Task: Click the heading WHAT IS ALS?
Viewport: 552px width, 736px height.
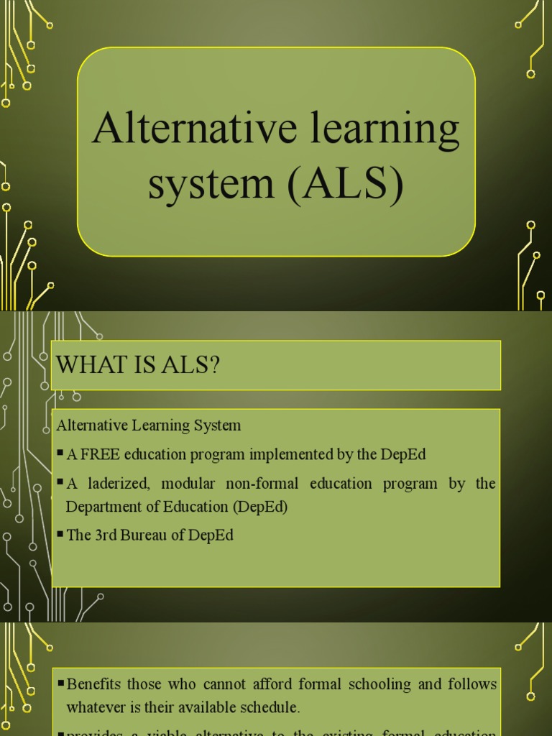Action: coord(138,365)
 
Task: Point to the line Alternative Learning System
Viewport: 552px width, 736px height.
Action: coord(149,425)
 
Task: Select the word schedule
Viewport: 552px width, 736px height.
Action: coord(267,707)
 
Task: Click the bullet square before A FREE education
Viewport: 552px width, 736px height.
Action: coord(60,455)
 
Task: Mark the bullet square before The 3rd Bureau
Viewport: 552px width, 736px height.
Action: coord(60,536)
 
